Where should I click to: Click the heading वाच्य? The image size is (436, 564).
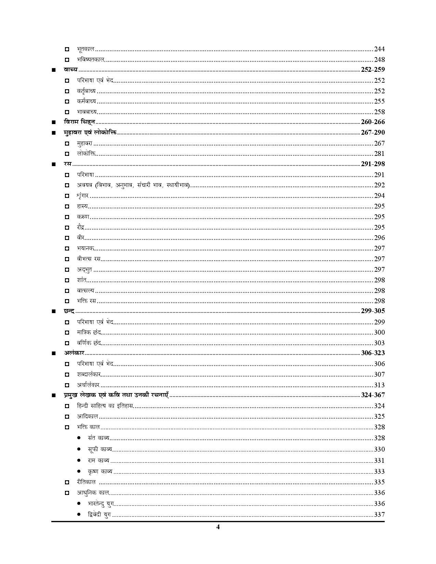(x=71, y=70)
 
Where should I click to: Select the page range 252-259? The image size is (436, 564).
(x=373, y=70)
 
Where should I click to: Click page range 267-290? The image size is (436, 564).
(x=373, y=133)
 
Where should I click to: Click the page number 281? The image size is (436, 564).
(x=379, y=154)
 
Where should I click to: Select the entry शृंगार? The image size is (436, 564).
(x=83, y=196)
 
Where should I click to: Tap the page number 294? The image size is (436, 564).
(x=379, y=196)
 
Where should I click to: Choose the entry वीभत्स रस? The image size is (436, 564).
(x=88, y=259)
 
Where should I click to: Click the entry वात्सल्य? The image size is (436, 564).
(x=85, y=291)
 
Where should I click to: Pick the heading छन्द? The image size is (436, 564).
(x=69, y=311)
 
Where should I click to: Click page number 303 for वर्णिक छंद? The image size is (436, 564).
(x=379, y=343)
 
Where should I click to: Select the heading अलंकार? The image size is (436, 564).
(x=74, y=353)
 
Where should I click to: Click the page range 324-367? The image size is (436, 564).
(x=373, y=395)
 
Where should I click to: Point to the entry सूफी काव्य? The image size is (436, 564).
(x=100, y=449)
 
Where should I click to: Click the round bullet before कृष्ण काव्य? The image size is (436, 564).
(x=79, y=471)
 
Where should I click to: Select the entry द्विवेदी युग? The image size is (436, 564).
(x=99, y=515)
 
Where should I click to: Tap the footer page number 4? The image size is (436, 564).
(x=218, y=527)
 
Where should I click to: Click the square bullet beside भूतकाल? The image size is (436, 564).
(x=67, y=49)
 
